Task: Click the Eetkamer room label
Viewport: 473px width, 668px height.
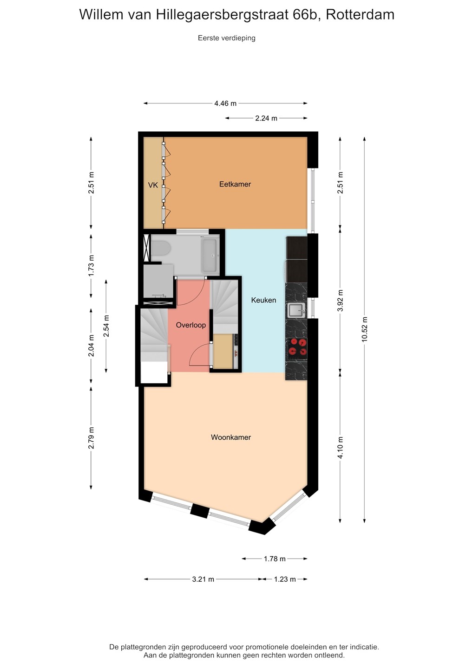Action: tap(235, 184)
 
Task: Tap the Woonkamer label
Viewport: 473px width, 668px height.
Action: tap(231, 437)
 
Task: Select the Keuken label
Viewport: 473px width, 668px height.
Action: tap(263, 300)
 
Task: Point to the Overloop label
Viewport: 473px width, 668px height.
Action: tap(191, 325)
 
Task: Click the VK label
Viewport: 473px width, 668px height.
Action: tap(153, 185)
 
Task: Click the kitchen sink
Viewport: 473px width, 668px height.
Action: tap(296, 310)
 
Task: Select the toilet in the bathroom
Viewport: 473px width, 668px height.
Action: tap(160, 249)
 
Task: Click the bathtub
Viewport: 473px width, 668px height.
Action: tap(210, 256)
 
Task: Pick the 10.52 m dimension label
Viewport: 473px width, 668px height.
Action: tap(364, 329)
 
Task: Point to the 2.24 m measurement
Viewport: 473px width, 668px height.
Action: tap(266, 118)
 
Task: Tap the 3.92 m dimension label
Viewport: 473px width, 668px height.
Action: tap(340, 300)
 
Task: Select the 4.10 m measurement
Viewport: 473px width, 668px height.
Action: tap(340, 447)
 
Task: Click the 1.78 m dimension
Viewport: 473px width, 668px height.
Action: tap(275, 559)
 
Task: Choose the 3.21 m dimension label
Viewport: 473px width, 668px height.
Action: tap(203, 579)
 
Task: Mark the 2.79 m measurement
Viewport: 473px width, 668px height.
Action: tap(91, 437)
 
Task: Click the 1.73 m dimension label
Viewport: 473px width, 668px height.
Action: tap(91, 265)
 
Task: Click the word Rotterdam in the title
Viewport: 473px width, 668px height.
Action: tap(360, 14)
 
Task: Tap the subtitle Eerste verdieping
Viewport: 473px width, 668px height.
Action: tap(227, 38)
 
